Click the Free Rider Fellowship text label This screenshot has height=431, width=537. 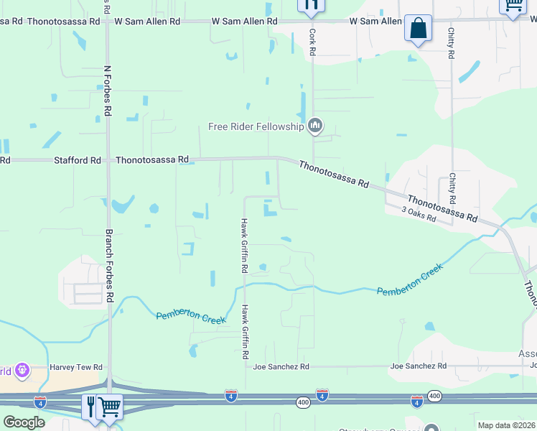(x=256, y=127)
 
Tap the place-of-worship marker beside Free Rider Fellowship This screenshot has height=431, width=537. (x=314, y=127)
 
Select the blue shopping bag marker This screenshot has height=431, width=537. (x=418, y=29)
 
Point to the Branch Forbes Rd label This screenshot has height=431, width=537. (x=109, y=266)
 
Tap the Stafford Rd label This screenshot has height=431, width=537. (x=78, y=160)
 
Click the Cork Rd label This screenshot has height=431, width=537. (x=312, y=42)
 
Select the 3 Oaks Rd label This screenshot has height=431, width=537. (x=419, y=213)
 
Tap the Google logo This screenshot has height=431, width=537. (x=24, y=422)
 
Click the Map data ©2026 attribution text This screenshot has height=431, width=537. (x=506, y=425)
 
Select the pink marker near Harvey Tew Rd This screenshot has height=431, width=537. (x=21, y=371)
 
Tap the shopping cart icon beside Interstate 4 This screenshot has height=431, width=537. (x=109, y=407)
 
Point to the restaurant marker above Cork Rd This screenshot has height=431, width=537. (x=311, y=6)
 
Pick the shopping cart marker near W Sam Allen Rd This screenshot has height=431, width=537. (x=513, y=6)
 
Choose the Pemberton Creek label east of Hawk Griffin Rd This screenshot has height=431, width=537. (x=410, y=279)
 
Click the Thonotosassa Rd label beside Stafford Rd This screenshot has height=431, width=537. (x=152, y=160)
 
